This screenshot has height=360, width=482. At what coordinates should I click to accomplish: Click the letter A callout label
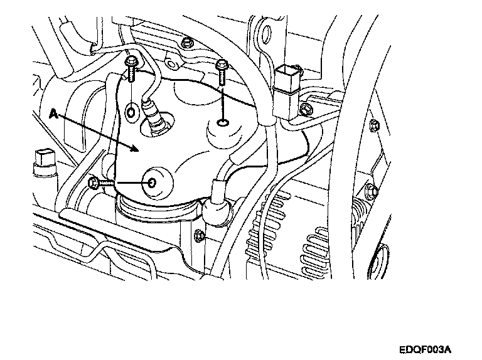pos(53,115)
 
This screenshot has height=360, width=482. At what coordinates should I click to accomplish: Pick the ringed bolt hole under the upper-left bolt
pos(131,112)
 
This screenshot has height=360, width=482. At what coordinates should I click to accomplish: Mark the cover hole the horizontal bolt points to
pos(153,183)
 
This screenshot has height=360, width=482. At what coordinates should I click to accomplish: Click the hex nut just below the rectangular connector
pos(305,111)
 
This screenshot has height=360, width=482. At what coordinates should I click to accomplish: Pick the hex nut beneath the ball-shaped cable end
pos(200,236)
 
